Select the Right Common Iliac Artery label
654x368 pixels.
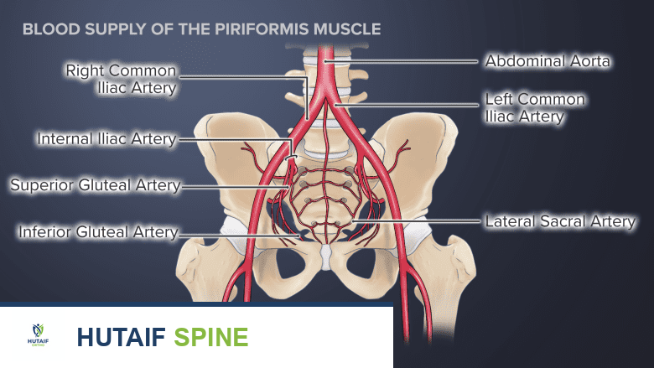click(x=121, y=79)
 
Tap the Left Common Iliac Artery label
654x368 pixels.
click(x=535, y=108)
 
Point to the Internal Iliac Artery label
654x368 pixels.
click(x=106, y=139)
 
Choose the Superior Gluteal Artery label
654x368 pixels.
click(x=95, y=185)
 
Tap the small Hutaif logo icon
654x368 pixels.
click(x=39, y=334)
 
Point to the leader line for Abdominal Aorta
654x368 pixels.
click(x=411, y=61)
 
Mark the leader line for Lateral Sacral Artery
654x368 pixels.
click(x=419, y=222)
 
